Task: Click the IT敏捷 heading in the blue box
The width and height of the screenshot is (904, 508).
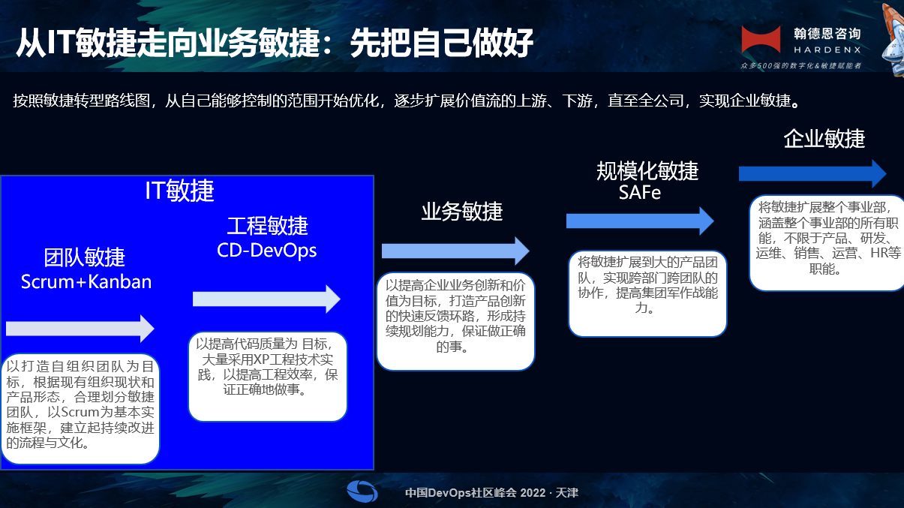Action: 179,191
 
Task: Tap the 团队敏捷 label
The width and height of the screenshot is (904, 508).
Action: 85,257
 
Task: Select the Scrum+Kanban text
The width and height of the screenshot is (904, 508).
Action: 86,282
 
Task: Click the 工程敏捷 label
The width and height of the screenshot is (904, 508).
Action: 268,226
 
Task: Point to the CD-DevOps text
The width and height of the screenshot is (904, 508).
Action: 267,250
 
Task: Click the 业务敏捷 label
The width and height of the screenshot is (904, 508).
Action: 461,212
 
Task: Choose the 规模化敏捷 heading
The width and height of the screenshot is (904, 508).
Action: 647,171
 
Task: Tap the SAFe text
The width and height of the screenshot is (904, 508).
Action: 640,193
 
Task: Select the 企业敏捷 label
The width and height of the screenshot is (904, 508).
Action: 824,139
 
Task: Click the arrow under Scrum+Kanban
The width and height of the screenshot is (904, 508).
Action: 80,328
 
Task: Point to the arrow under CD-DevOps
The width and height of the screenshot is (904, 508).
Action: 266,299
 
